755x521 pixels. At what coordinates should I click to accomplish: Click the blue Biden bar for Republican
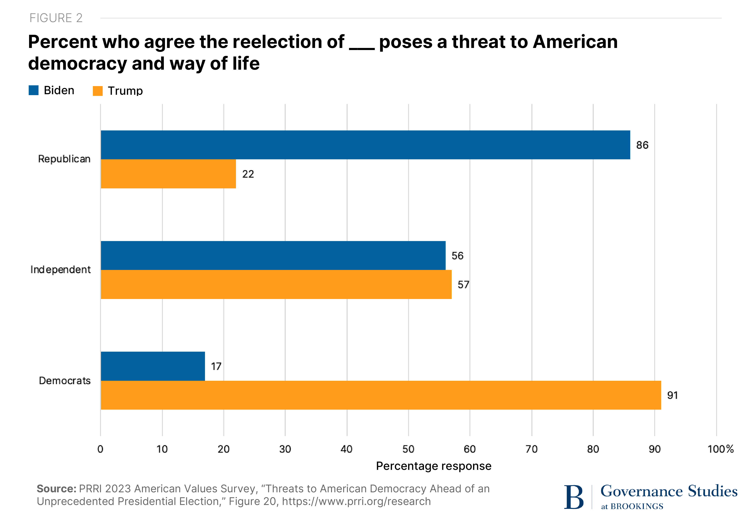(365, 145)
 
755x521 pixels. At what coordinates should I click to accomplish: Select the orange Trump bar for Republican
(168, 174)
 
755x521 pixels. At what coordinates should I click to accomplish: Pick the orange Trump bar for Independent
(276, 284)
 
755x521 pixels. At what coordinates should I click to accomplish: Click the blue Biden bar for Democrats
(153, 366)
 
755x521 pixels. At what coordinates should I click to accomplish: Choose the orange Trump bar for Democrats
(380, 395)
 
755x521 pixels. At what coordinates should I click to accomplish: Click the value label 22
(248, 174)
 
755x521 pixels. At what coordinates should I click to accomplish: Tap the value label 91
(672, 395)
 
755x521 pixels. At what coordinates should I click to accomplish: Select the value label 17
(216, 366)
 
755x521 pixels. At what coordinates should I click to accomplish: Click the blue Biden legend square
(34, 90)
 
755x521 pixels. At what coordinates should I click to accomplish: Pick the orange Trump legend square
(98, 91)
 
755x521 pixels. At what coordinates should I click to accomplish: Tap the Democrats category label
(65, 381)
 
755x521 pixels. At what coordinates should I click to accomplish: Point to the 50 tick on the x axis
(408, 449)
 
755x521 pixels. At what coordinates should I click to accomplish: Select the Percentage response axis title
(434, 466)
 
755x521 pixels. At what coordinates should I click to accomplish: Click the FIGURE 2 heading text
(56, 18)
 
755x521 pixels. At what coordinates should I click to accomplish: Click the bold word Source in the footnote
(56, 489)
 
